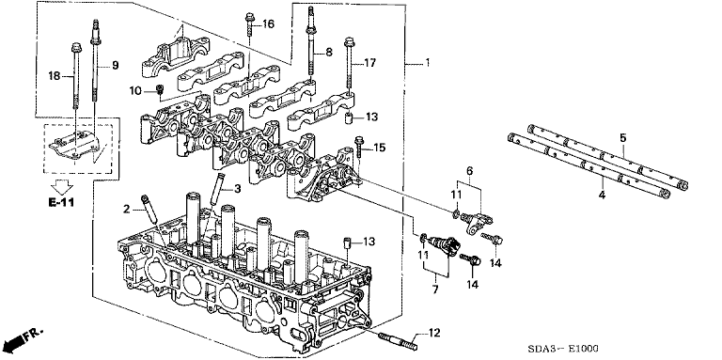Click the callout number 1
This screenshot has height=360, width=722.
(x=428, y=62)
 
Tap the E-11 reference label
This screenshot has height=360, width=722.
(x=62, y=202)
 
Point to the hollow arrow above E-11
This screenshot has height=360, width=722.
(x=62, y=187)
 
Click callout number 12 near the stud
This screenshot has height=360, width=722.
(x=434, y=333)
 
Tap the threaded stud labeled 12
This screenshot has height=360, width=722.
(x=398, y=341)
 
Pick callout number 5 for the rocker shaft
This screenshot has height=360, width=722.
(x=623, y=137)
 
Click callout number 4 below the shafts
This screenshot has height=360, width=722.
(x=602, y=195)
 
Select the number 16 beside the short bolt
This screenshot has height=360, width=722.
(x=269, y=23)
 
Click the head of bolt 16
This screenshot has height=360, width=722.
(x=249, y=17)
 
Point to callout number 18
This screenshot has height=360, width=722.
(x=55, y=76)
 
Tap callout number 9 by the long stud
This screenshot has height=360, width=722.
(x=115, y=66)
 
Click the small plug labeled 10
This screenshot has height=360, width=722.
(x=160, y=89)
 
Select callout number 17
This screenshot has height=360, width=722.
(x=369, y=63)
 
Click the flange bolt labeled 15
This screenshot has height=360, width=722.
(x=359, y=145)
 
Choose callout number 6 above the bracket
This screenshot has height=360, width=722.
(x=469, y=170)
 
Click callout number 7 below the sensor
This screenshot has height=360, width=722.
(x=435, y=290)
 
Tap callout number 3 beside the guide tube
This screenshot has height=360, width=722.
(x=237, y=188)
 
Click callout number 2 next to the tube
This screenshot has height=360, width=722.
(x=127, y=210)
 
